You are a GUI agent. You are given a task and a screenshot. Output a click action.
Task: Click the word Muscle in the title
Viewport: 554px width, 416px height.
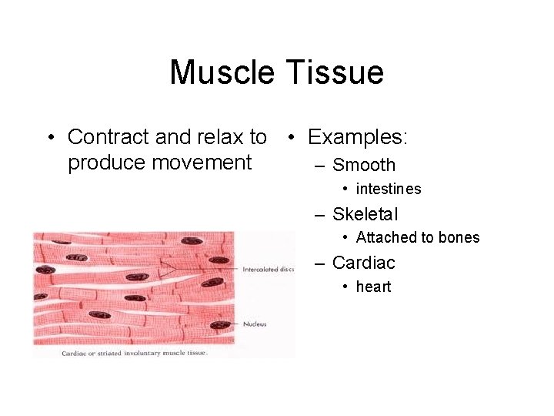[222, 73]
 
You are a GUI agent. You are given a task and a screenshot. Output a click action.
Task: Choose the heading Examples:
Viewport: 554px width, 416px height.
[358, 137]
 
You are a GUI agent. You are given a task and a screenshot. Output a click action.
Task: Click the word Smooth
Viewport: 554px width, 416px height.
[364, 165]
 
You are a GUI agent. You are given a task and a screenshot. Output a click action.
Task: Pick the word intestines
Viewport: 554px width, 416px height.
[389, 189]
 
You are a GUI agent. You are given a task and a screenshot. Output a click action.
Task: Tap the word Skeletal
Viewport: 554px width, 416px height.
[365, 214]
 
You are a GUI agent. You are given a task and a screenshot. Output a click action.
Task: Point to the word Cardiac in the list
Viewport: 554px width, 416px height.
[364, 263]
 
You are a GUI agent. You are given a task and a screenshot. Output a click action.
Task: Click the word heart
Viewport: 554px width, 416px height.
[373, 287]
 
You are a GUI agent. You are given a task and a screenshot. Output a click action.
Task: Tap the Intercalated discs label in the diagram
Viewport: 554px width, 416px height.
[268, 270]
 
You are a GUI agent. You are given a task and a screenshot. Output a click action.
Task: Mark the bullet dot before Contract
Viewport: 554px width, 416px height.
[50, 138]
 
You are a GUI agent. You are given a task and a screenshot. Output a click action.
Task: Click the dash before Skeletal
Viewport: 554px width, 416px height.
[321, 214]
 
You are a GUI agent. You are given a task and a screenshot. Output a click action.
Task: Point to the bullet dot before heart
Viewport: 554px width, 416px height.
[347, 287]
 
